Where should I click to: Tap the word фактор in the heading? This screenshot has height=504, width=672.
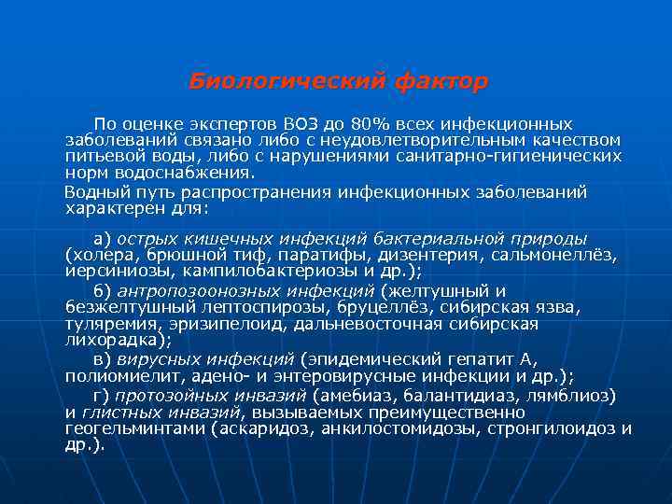441,82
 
